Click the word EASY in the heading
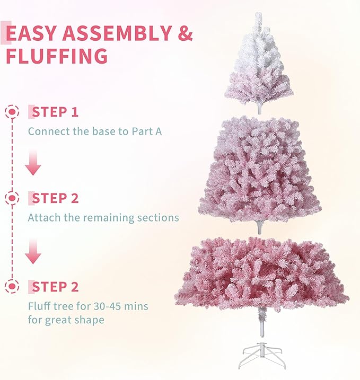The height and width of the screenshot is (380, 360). tap(31, 33)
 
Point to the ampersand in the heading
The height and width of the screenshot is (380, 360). tap(184, 33)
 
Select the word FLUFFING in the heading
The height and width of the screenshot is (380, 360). tap(57, 56)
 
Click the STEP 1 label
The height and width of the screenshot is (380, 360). tap(55, 112)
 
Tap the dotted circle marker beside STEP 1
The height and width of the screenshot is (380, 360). tap(11, 112)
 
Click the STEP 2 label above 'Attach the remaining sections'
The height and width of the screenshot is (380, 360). tap(55, 199)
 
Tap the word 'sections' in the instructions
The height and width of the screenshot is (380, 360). tap(159, 217)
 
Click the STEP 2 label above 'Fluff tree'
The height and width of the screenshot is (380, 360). tap(55, 287)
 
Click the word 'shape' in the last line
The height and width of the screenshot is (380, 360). tap(91, 320)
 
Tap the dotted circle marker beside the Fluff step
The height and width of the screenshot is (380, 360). tap(11, 287)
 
